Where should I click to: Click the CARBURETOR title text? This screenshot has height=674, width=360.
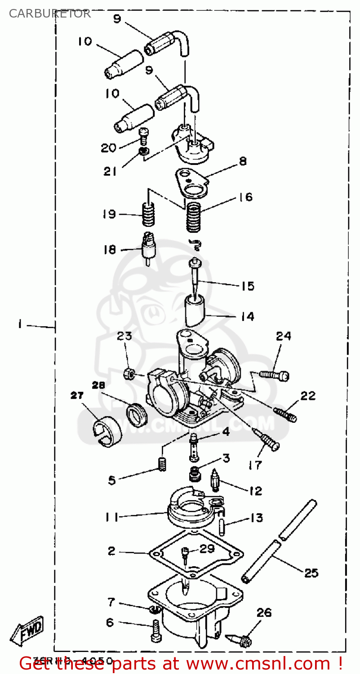(x=50, y=13)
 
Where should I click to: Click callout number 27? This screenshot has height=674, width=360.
(x=77, y=395)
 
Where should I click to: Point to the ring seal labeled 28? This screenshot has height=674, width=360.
(x=135, y=414)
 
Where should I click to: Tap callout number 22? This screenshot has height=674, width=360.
(x=308, y=396)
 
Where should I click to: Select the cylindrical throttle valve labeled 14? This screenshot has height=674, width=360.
(x=196, y=310)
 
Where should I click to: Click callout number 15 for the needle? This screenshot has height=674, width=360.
(x=248, y=286)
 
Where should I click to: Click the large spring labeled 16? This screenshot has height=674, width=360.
(x=194, y=217)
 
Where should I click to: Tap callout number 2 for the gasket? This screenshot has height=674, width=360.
(x=111, y=551)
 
